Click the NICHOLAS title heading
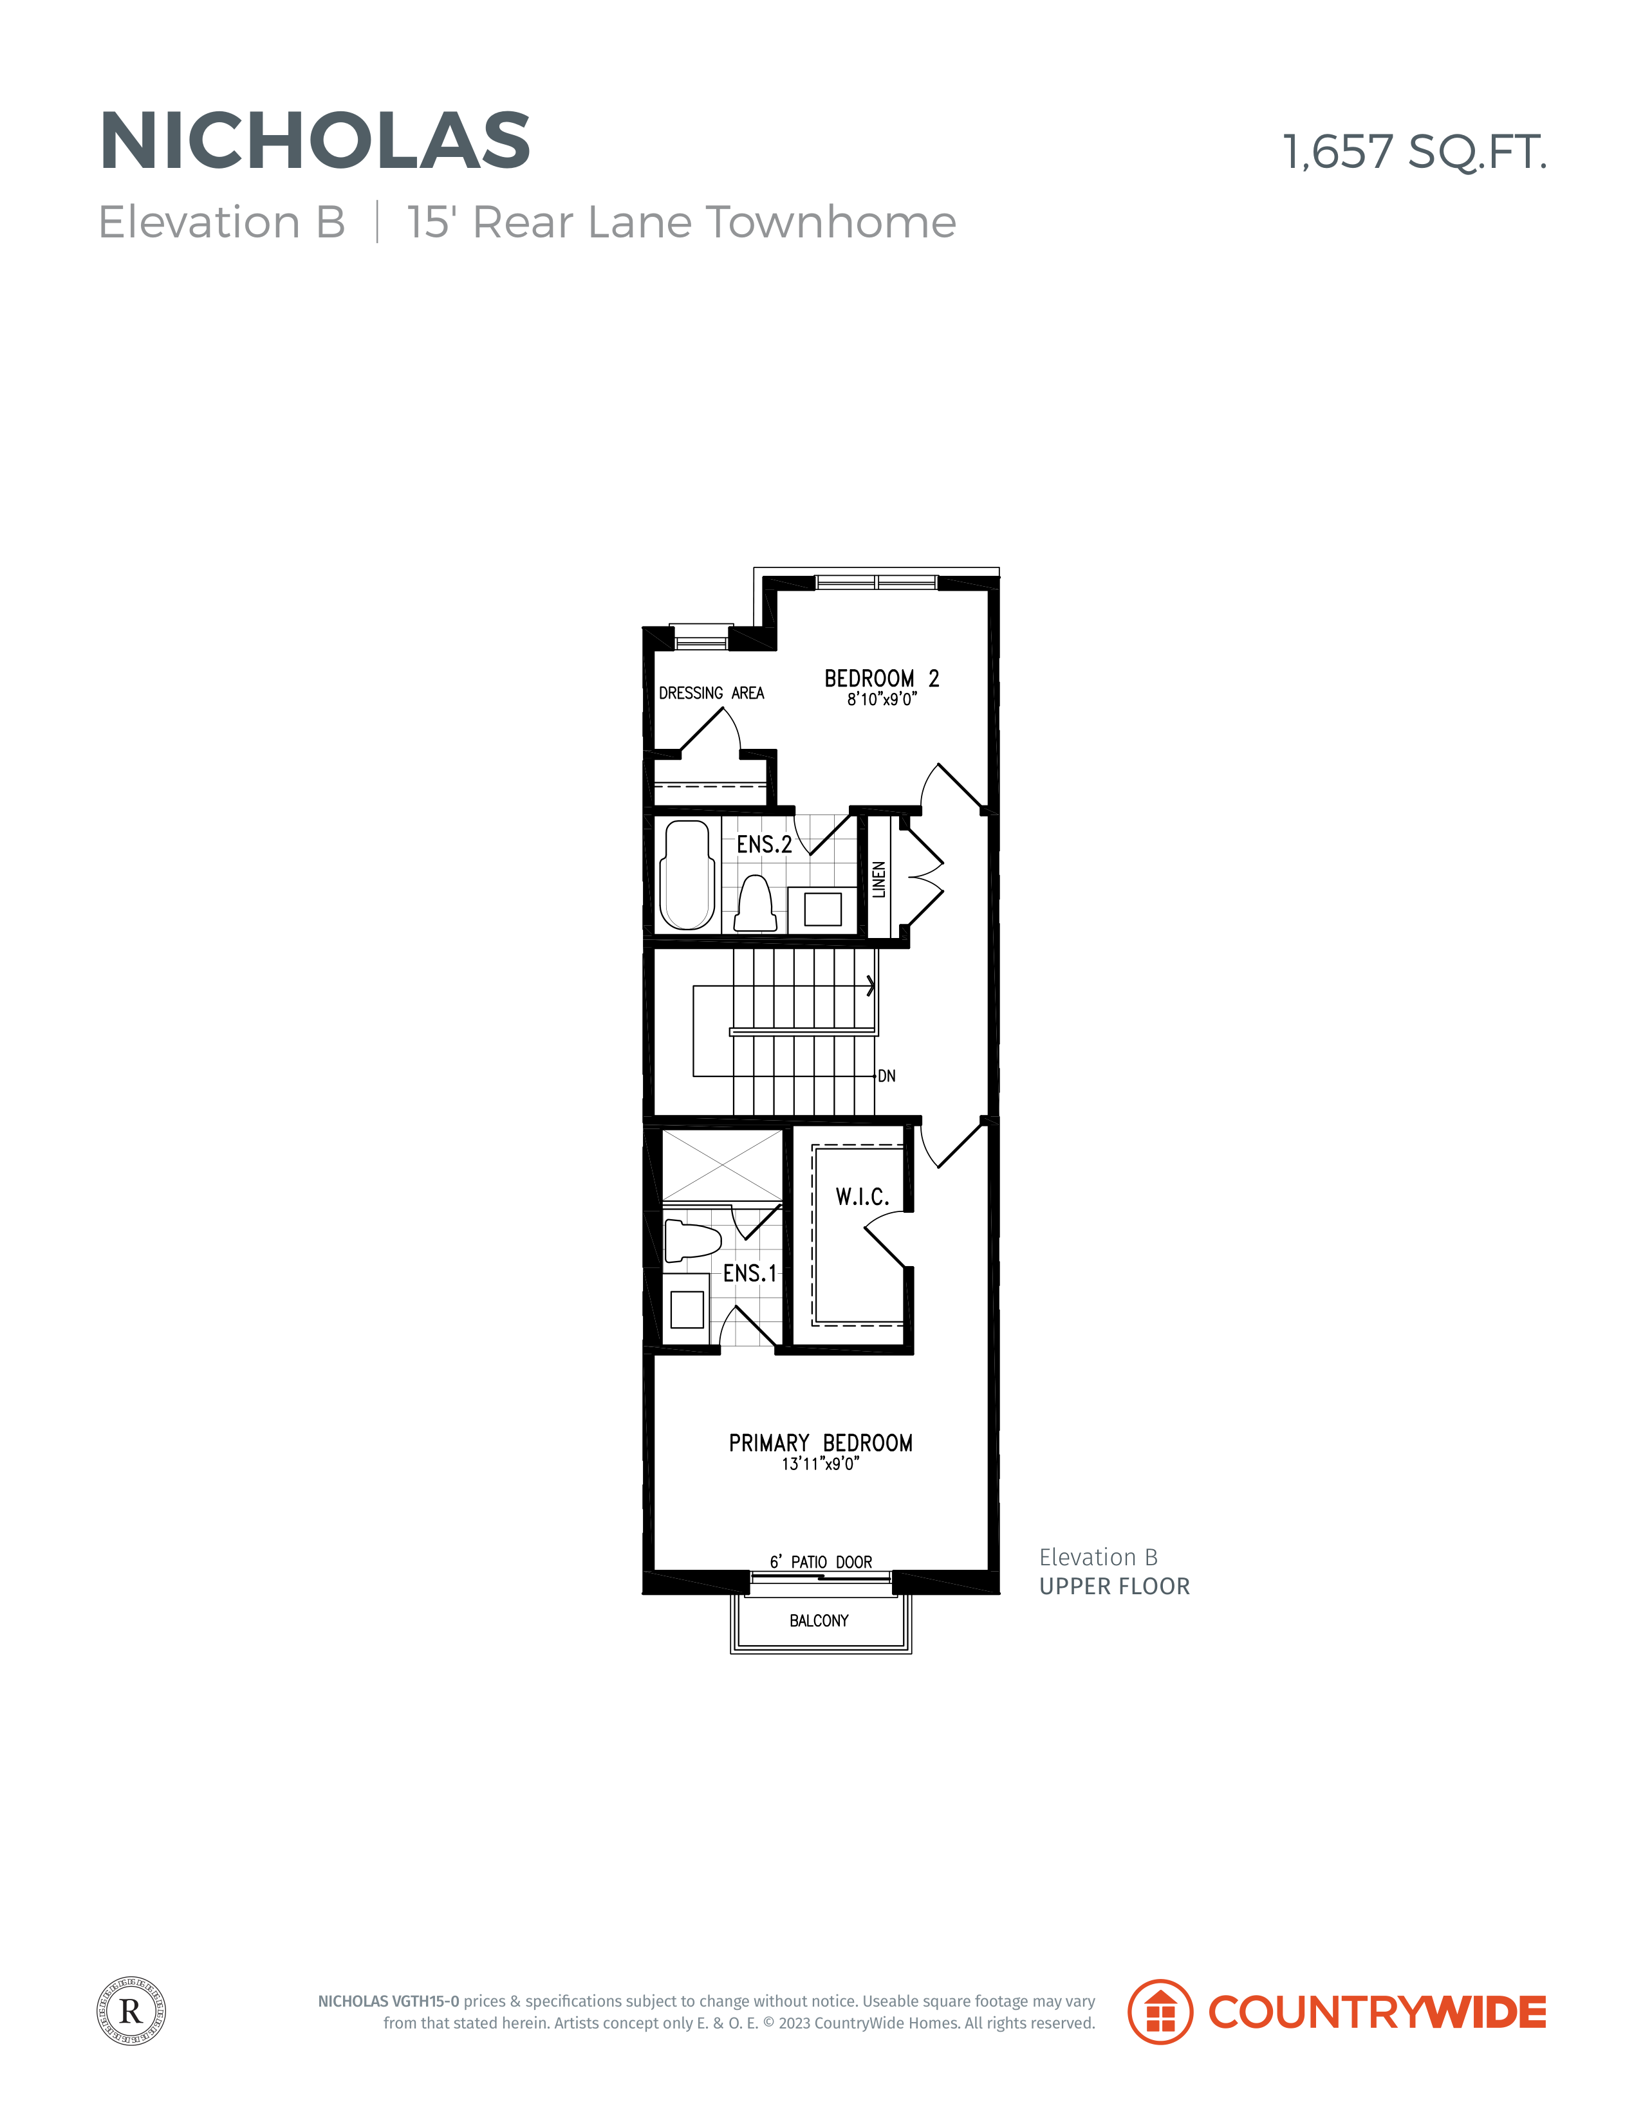coord(315,140)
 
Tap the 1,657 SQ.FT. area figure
coord(1415,152)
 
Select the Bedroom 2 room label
coord(882,678)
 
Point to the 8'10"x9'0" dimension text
coord(882,699)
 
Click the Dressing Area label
coord(712,693)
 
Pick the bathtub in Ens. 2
coord(687,875)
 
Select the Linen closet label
coord(879,879)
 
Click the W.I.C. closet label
coord(862,1197)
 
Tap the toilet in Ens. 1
coord(692,1240)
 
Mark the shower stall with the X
coord(722,1166)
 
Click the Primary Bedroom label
coord(821,1443)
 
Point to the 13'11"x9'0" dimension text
coord(821,1464)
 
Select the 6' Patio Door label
coord(821,1561)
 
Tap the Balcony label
coord(819,1620)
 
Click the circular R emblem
coord(131,2010)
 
